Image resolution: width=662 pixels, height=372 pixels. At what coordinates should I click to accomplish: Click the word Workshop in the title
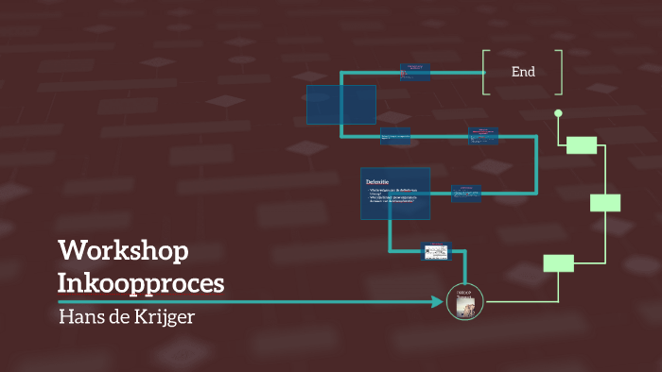point(123,251)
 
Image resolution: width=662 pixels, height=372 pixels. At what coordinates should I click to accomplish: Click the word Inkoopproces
point(141,282)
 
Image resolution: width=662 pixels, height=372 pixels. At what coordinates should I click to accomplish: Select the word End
point(523,72)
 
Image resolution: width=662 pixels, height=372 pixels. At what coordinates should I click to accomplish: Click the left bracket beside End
point(485,72)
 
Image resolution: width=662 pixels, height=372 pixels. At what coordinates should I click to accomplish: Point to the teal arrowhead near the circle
point(438,302)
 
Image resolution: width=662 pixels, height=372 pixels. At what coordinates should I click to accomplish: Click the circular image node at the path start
point(464,302)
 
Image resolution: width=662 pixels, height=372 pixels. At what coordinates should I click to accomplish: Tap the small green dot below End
point(558,113)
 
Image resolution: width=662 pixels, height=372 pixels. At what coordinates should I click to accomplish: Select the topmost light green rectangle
point(582,144)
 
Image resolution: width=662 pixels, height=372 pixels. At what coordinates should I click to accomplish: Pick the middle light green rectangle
point(605,202)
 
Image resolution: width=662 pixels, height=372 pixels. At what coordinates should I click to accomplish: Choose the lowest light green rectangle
point(558,263)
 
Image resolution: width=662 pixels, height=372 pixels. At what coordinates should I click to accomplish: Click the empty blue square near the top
point(340,104)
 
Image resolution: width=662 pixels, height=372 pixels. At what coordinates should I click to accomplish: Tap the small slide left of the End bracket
point(415,71)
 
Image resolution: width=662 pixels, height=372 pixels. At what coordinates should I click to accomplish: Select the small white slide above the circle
point(435,251)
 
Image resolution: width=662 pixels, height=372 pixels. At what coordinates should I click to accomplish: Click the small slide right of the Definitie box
point(467,193)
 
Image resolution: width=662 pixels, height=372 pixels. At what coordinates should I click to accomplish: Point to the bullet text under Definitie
point(392,198)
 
